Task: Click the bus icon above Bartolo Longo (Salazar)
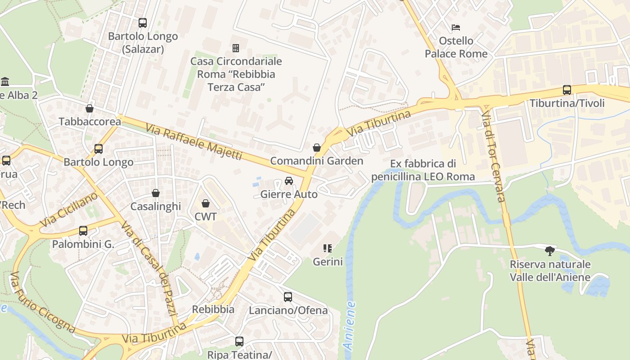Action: click(x=143, y=22)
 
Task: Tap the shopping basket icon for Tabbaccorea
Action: click(x=90, y=108)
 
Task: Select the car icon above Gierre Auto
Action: click(x=289, y=181)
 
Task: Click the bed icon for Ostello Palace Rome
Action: click(x=456, y=27)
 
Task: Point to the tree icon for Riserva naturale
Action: click(x=549, y=251)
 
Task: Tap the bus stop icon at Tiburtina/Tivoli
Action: click(x=567, y=90)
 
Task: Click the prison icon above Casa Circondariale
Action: click(x=235, y=48)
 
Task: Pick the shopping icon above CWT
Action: click(x=206, y=203)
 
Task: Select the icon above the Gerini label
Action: click(x=328, y=248)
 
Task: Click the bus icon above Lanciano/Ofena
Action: click(x=288, y=297)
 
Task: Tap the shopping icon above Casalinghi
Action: click(x=156, y=193)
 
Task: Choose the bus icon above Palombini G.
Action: click(x=83, y=231)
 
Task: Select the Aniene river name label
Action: click(x=349, y=325)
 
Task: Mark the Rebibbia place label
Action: click(x=213, y=310)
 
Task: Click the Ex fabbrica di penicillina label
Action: click(x=423, y=170)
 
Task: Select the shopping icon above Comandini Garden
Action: click(x=317, y=148)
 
